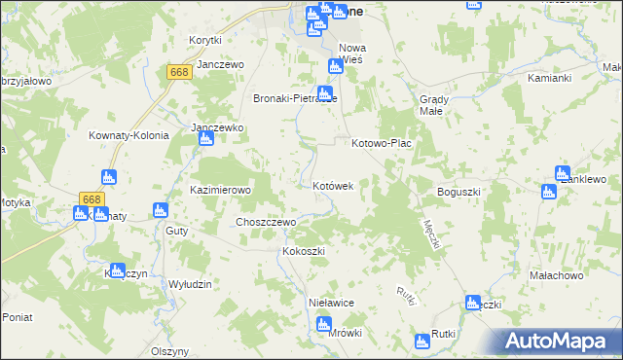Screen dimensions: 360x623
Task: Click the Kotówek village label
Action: click(339, 184)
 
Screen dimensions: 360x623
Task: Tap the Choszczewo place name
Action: click(266, 222)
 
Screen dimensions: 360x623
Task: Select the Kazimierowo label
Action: click(221, 190)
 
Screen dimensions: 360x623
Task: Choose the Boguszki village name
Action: click(459, 192)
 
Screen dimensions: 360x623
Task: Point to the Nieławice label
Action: click(330, 303)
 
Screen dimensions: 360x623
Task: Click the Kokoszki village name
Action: click(303, 251)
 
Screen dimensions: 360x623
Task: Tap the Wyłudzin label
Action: click(190, 283)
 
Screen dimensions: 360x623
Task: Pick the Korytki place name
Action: click(205, 40)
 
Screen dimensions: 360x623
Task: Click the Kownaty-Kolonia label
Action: click(128, 135)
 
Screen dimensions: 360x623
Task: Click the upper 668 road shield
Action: click(178, 72)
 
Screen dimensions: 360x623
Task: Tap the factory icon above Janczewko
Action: click(205, 140)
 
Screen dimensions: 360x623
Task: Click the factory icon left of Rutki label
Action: click(421, 341)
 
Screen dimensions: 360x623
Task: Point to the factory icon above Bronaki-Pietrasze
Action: click(335, 66)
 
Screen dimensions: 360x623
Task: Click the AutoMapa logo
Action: click(560, 342)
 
